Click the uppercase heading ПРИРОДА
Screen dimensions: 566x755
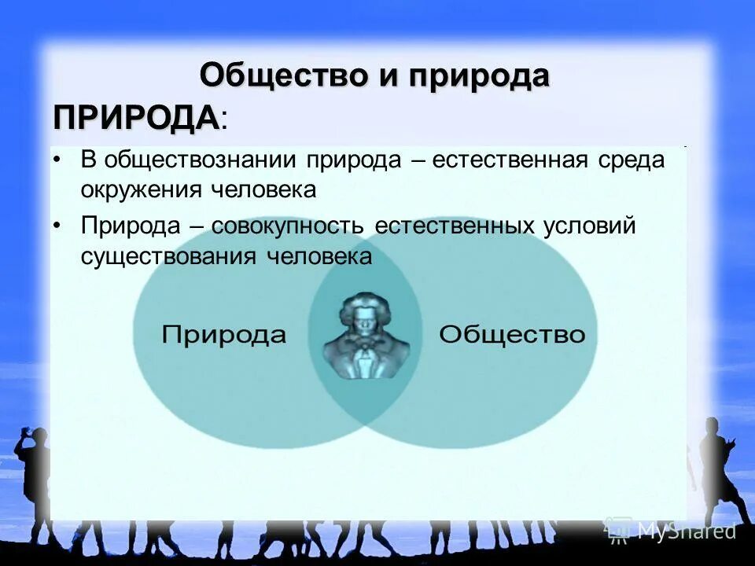click(x=136, y=117)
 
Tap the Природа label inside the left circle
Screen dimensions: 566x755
click(x=223, y=334)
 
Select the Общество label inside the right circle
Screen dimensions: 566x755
click(x=512, y=334)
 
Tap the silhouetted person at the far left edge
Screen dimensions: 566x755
click(x=28, y=472)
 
